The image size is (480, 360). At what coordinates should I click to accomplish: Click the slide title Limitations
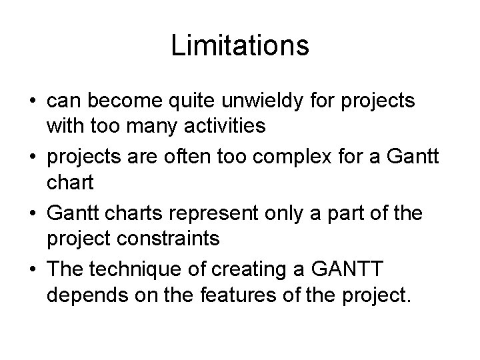click(x=240, y=45)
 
